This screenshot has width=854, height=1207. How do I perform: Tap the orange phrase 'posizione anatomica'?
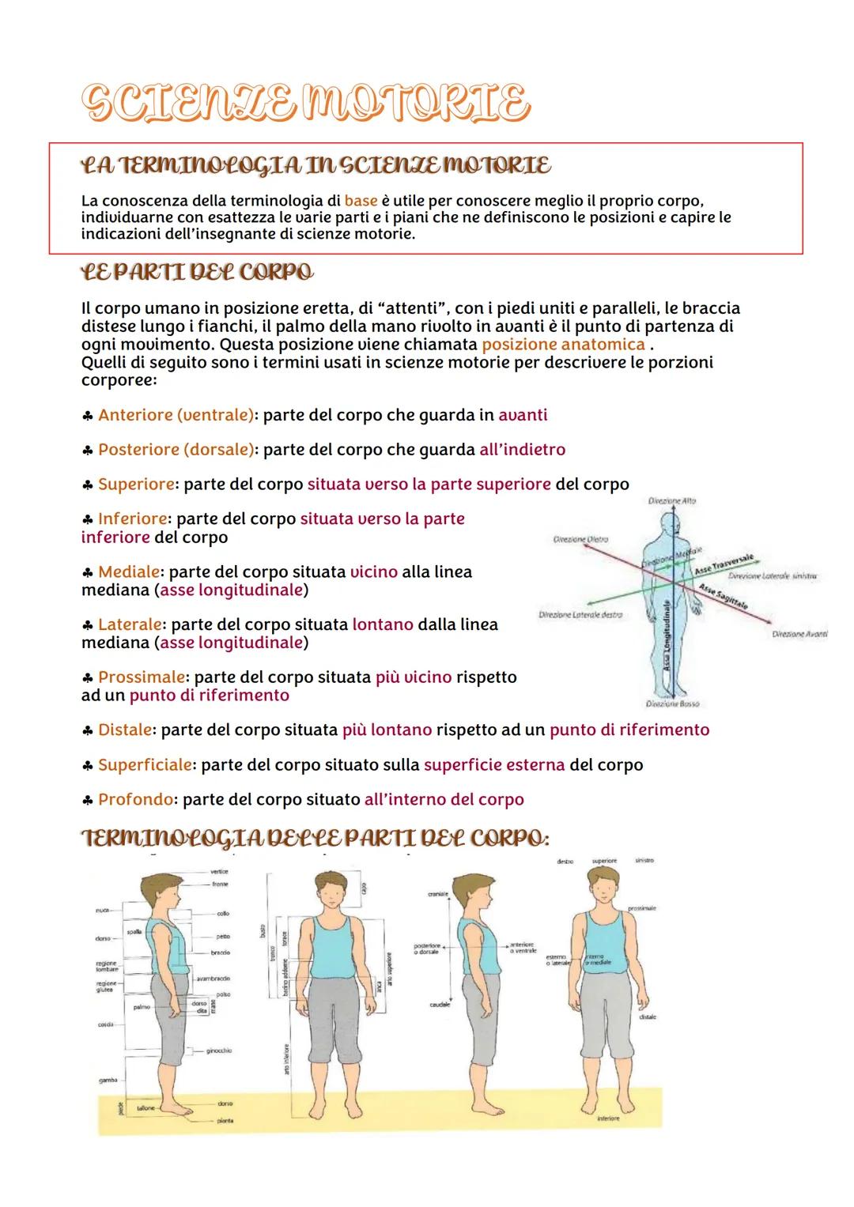pyautogui.click(x=563, y=345)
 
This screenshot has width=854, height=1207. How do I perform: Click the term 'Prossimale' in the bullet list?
pyautogui.click(x=142, y=677)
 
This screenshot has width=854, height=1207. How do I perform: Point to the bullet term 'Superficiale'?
pyautogui.click(x=145, y=765)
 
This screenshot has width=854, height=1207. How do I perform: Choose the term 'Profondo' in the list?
pyautogui.click(x=135, y=800)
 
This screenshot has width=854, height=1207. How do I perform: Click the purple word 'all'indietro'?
pyautogui.click(x=522, y=450)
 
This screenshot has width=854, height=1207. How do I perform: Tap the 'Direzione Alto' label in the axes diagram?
pyautogui.click(x=671, y=501)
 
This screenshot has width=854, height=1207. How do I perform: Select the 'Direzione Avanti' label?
pyautogui.click(x=799, y=634)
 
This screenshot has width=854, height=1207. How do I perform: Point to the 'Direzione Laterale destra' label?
pyautogui.click(x=580, y=614)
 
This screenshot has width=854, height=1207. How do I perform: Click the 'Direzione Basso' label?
pyautogui.click(x=672, y=703)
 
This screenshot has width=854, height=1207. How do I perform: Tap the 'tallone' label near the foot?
pyautogui.click(x=146, y=1109)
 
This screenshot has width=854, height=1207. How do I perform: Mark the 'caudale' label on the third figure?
pyautogui.click(x=440, y=1005)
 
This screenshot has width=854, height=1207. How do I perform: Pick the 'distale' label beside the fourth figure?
pyautogui.click(x=647, y=1017)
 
